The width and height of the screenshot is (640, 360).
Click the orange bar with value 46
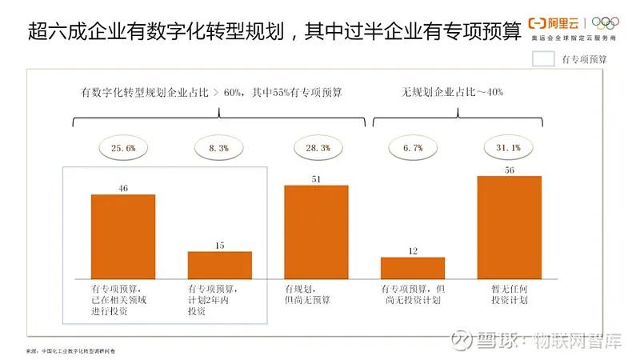pos(123,235)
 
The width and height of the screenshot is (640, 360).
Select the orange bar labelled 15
pos(219,264)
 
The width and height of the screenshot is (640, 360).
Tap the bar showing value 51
pos(316,231)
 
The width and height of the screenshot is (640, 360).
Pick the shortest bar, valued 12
pos(412,267)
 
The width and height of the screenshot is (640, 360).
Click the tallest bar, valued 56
pos(509,226)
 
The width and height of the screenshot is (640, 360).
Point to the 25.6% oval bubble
pos(123,148)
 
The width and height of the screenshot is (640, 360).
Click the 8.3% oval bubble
pos(219,148)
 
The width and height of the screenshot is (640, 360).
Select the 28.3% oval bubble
pos(316,148)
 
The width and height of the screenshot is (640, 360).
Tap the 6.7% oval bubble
pos(412,148)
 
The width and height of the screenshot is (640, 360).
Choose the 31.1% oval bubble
pos(509,148)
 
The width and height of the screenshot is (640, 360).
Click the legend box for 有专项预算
pos(544,58)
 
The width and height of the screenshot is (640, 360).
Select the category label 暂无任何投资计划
pos(509,294)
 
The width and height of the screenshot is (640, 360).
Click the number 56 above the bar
pos(509,170)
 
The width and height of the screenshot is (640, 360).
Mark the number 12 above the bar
pos(412,251)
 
